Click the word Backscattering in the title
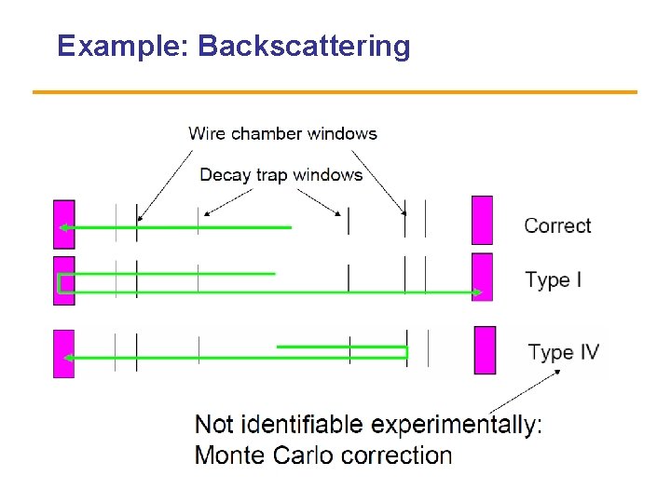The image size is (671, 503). click(304, 46)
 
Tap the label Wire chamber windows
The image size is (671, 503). click(282, 133)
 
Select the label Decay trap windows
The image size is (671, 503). click(281, 175)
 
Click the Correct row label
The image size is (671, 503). click(557, 225)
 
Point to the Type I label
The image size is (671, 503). click(554, 279)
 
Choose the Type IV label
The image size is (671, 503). click(564, 352)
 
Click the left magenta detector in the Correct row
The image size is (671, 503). click(63, 224)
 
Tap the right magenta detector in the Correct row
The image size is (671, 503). click(482, 220)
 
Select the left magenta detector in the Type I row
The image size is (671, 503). click(63, 280)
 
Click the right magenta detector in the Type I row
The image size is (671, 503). click(482, 277)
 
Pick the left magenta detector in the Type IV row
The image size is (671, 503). click(63, 354)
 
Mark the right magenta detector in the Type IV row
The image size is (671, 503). click(485, 350)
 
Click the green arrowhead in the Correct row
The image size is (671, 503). click(63, 227)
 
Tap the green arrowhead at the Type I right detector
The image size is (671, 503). click(476, 292)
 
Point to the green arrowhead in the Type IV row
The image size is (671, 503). click(68, 358)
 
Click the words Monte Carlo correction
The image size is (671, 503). click(323, 455)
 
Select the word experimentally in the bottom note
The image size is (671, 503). click(454, 426)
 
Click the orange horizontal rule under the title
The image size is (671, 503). click(335, 92)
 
